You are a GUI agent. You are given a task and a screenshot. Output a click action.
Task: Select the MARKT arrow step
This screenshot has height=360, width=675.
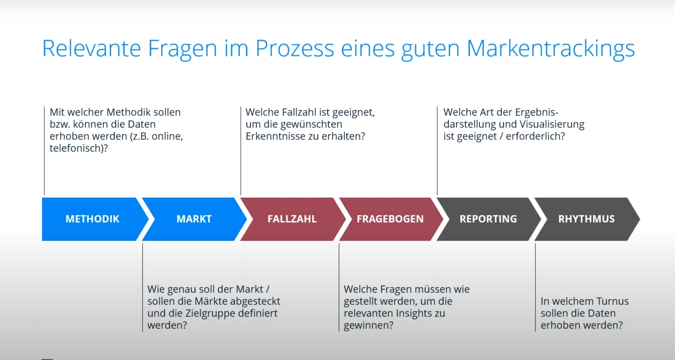tap(195, 219)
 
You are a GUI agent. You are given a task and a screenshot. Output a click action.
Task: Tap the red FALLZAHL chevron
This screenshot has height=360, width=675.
tap(292, 219)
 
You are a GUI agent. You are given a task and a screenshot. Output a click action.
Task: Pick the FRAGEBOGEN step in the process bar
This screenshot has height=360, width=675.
tap(390, 219)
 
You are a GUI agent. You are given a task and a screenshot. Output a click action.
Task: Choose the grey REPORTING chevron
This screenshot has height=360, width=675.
tap(488, 219)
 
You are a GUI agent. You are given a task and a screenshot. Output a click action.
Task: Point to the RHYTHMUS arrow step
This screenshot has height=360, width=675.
tap(586, 219)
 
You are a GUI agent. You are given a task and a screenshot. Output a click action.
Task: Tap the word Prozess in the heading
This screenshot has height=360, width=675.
tap(295, 48)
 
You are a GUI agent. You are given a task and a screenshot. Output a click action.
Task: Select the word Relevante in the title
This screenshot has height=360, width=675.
tap(92, 48)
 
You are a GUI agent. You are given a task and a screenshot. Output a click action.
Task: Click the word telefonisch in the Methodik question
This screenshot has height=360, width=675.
tap(77, 148)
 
